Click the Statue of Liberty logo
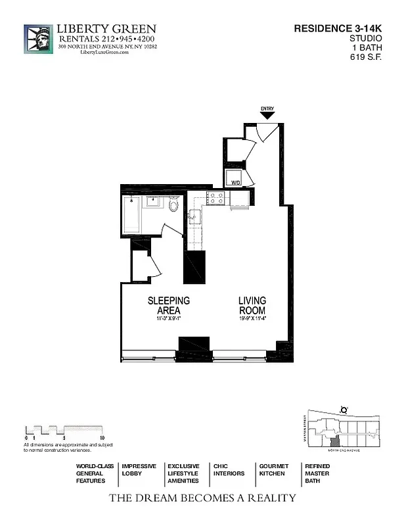click(38, 39)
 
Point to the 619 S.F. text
click(367, 57)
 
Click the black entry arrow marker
click(267, 116)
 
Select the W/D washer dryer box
click(235, 178)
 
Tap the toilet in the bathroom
click(173, 206)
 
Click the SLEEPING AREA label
click(169, 306)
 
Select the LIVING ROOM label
click(252, 306)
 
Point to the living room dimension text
click(252, 319)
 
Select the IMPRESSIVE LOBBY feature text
click(139, 469)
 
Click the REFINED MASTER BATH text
click(317, 473)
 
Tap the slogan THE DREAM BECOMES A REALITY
click(202, 498)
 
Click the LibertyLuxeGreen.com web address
click(104, 53)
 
